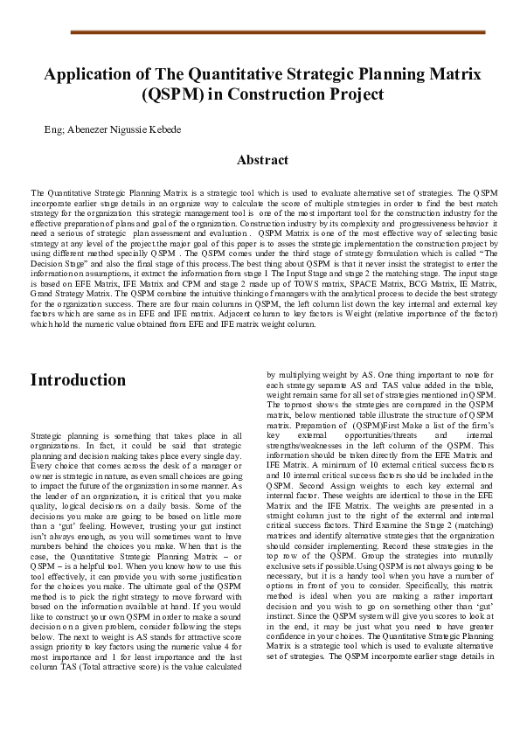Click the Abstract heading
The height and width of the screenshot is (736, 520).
262,160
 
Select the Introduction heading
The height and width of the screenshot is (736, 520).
79,380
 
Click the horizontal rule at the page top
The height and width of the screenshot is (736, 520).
276,31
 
